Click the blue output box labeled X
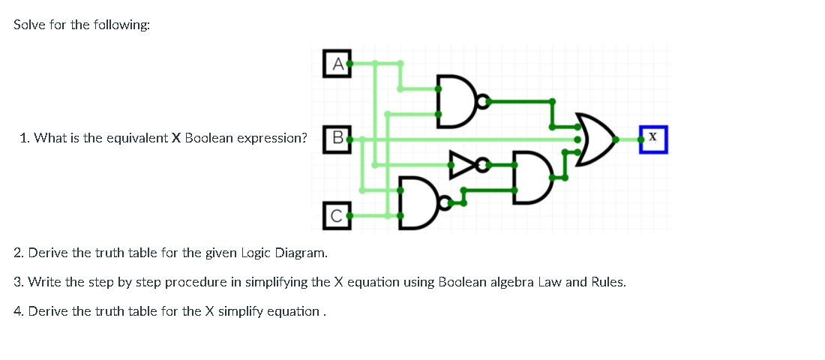click(653, 139)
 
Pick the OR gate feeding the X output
click(596, 139)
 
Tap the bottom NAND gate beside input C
click(418, 202)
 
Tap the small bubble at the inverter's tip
click(482, 163)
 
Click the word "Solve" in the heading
click(31, 25)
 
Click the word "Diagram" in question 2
click(301, 253)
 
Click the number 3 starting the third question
click(18, 283)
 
